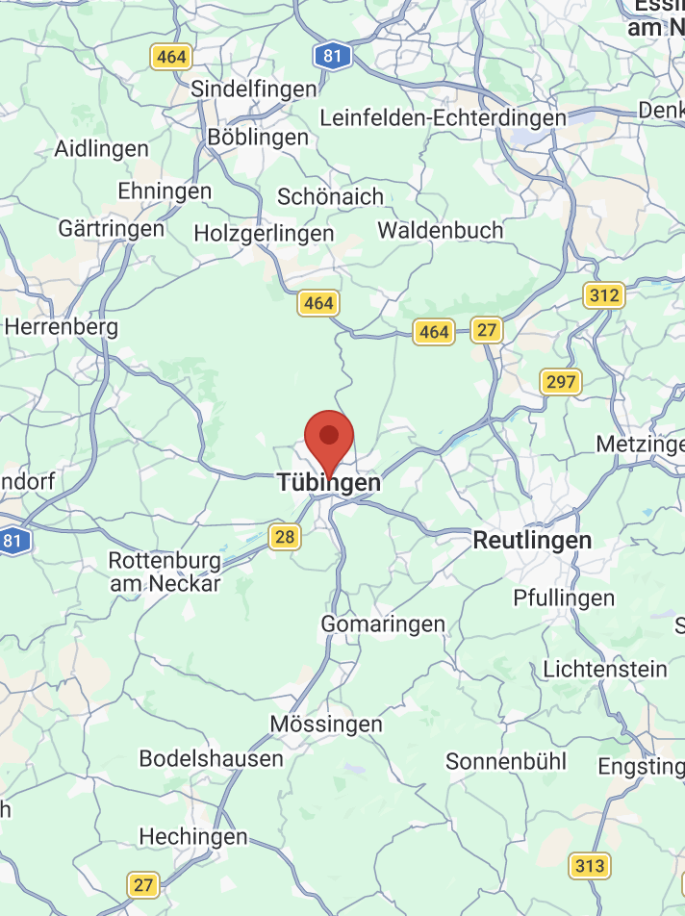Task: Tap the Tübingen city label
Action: (329, 483)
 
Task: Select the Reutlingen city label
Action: (532, 541)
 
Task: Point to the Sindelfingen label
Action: (254, 89)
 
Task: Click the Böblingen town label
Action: (258, 138)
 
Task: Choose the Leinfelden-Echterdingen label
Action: (443, 117)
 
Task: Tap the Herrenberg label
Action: (62, 326)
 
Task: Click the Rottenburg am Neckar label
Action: (165, 572)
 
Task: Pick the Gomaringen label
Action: (383, 623)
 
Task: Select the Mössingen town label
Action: (326, 724)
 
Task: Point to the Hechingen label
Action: (193, 836)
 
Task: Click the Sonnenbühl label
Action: (505, 761)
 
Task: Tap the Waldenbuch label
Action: (441, 230)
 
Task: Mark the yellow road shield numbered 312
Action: (604, 294)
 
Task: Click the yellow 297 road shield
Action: (560, 382)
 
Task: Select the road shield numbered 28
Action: (284, 536)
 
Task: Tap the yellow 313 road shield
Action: (589, 865)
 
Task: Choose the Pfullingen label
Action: (564, 598)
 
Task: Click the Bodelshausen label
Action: (212, 758)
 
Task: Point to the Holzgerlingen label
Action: (264, 233)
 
